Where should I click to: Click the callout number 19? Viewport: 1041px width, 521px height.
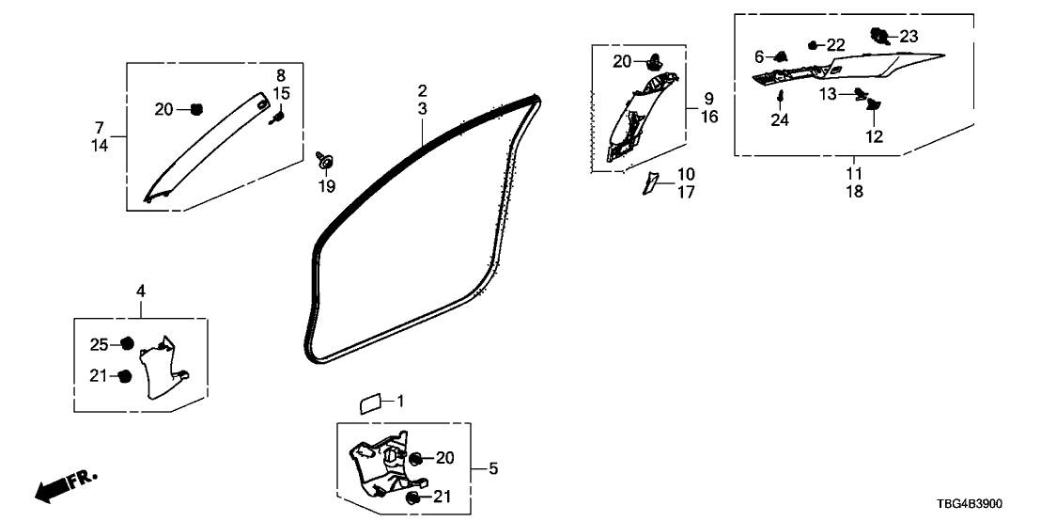pos(326,186)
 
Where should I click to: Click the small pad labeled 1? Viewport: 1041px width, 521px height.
pos(369,403)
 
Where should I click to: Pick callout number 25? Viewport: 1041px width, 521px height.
pos(100,343)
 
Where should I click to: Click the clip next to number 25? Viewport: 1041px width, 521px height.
pos(127,343)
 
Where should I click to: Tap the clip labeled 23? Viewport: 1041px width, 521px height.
pos(881,37)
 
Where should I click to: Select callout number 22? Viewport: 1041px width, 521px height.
pos(835,45)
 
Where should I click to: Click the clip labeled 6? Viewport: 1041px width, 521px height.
pos(780,57)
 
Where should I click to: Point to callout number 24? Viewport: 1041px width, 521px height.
pos(780,119)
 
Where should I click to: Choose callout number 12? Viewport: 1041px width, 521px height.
pos(875,136)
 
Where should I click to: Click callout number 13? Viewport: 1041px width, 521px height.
pos(827,93)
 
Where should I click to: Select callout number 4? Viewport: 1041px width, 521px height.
pos(140,292)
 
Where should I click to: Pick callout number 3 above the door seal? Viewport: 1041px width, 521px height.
pos(423,110)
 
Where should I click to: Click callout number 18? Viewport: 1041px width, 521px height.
pos(853,191)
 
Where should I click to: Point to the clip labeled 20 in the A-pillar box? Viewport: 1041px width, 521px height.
pos(196,110)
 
